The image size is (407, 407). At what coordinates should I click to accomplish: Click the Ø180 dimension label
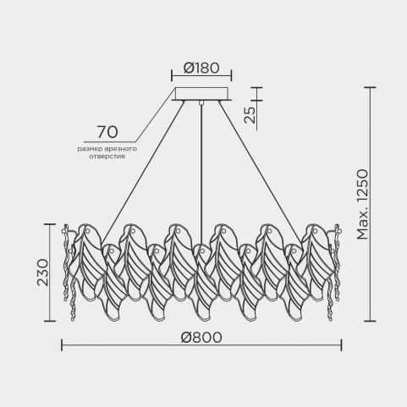point(201,68)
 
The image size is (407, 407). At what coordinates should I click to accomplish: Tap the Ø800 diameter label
point(201,338)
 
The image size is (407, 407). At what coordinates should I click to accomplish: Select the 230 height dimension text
point(43,272)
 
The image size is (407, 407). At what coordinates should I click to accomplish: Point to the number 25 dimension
point(250,115)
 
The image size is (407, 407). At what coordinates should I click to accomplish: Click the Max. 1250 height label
point(362,205)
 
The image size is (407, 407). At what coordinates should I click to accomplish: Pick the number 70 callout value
point(107,132)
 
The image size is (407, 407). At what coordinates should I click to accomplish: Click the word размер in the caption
point(88,149)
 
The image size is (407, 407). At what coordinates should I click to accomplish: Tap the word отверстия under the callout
point(107,157)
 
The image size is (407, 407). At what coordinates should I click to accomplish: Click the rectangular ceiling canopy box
point(202,94)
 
